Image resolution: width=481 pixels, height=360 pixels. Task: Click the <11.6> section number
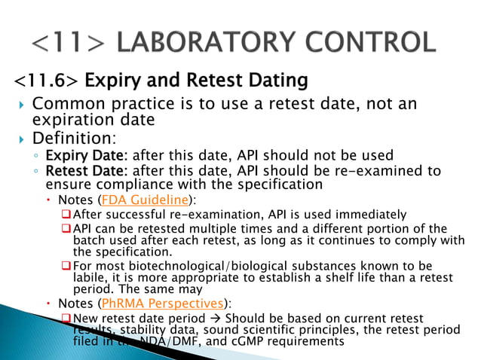[x=46, y=79]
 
